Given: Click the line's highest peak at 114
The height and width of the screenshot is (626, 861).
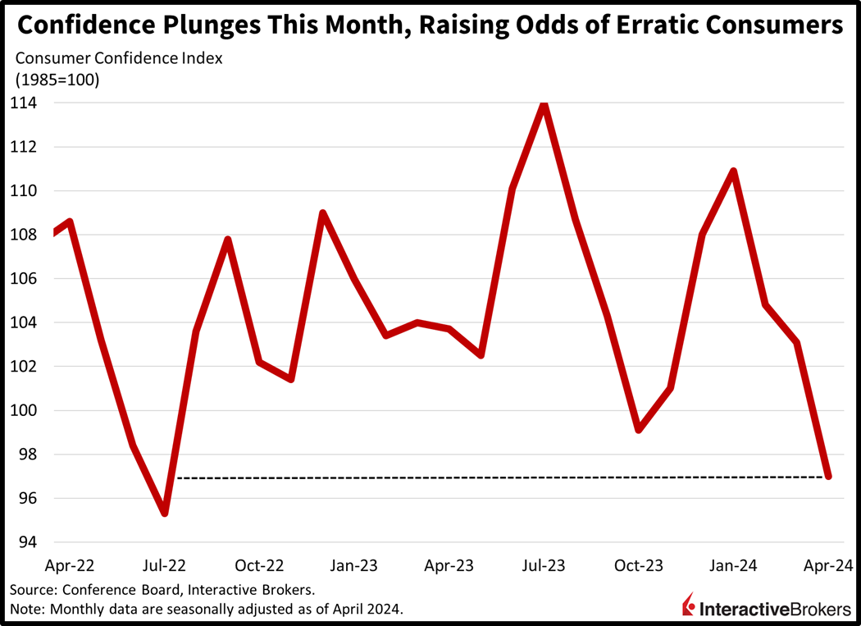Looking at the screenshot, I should click(543, 104).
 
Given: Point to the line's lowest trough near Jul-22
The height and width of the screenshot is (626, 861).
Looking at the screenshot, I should click(166, 513).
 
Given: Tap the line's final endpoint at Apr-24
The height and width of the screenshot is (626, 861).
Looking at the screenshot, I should click(828, 476).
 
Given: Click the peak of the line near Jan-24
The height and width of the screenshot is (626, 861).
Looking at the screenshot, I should click(733, 171).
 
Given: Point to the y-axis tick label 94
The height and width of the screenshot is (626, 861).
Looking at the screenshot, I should click(24, 542).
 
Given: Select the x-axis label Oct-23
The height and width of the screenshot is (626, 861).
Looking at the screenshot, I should click(639, 565).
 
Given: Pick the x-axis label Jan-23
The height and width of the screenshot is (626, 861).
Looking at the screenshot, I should click(355, 565).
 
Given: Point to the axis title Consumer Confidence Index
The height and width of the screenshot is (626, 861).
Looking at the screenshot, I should click(119, 58).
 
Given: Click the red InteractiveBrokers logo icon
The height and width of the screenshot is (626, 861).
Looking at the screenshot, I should click(689, 605).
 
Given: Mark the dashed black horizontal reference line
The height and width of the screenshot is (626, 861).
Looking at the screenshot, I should click(492, 477).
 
